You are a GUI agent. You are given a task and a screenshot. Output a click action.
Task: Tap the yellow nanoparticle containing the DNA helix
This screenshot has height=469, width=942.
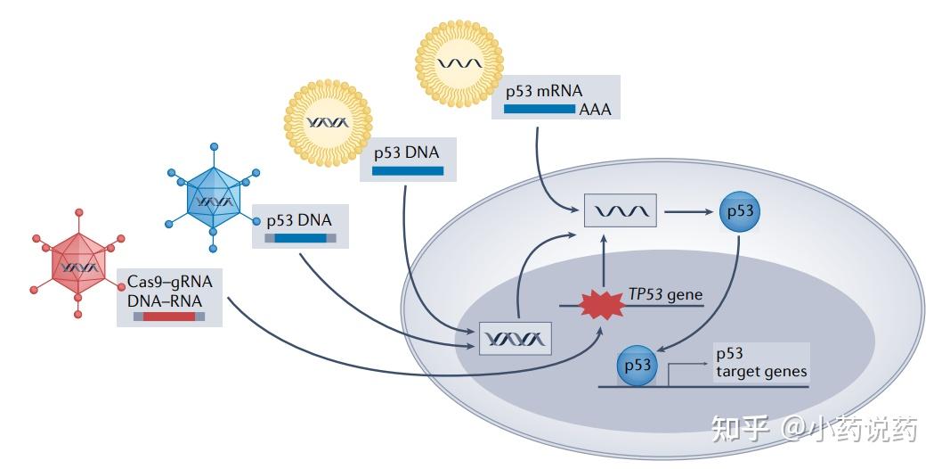[328, 120]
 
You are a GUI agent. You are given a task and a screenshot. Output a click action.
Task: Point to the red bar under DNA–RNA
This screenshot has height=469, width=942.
[168, 316]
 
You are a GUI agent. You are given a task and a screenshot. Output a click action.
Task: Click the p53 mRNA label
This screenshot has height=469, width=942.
[544, 90]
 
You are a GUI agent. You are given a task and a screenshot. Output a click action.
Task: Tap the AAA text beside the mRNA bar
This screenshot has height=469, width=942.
[595, 110]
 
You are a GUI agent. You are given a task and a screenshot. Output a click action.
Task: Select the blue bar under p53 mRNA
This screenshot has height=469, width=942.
[540, 109]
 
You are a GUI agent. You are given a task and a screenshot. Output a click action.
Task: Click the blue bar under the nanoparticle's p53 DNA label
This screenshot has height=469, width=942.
[407, 170]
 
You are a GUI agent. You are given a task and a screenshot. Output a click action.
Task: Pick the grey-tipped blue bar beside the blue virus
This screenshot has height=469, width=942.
[300, 238]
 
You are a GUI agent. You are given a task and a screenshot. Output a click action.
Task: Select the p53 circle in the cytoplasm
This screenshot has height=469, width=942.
[740, 212]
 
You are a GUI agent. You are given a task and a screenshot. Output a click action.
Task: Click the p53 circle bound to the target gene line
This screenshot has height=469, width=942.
[638, 366]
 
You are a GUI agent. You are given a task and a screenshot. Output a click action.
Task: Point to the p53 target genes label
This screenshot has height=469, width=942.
[760, 363]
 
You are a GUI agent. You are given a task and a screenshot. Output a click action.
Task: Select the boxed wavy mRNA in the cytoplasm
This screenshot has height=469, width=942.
[620, 212]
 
